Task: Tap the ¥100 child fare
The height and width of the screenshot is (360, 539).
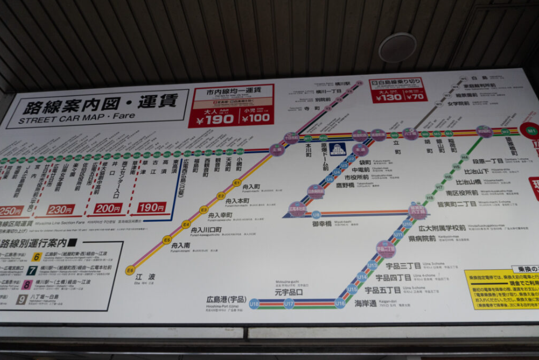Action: (x=255, y=118)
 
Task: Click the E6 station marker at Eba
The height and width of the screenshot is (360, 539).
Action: (x=131, y=270)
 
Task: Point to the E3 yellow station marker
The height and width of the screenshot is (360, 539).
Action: (x=204, y=210)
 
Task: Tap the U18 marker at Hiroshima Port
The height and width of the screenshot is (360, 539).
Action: (x=254, y=303)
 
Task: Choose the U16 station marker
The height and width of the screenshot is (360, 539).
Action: (x=340, y=303)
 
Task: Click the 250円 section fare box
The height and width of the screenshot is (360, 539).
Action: (x=11, y=211)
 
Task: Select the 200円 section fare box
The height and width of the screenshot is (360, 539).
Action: (x=108, y=208)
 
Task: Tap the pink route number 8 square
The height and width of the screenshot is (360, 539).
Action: (x=27, y=284)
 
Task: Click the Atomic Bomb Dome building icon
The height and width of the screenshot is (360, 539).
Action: (x=338, y=150)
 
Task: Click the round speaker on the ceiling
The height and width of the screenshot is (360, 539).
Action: (x=397, y=47)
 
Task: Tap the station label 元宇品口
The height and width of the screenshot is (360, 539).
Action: (x=289, y=292)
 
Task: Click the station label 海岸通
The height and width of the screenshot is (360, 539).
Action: (x=366, y=304)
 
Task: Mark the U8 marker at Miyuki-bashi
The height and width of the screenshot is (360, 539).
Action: (x=316, y=215)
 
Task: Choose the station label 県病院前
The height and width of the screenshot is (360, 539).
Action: (x=422, y=238)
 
